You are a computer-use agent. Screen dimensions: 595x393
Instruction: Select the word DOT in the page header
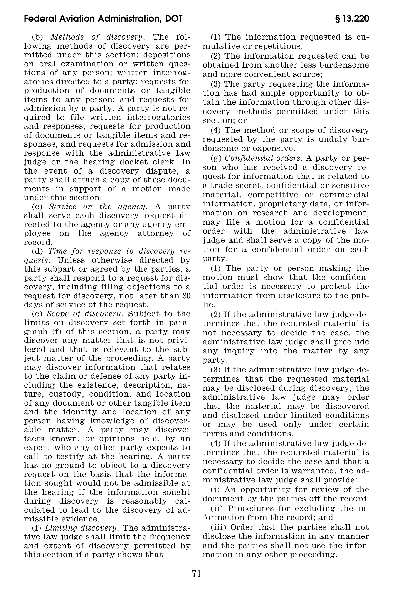point(174,19)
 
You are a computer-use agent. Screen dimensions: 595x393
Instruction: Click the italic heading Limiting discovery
point(81,528)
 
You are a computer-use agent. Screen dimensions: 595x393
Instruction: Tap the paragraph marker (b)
point(37,37)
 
